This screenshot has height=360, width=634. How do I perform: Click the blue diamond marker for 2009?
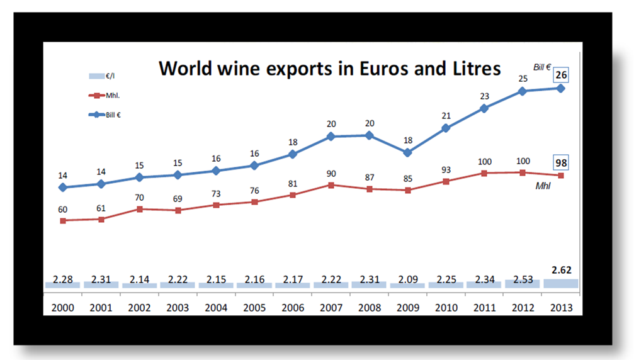coord(407,152)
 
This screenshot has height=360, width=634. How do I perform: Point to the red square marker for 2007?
coord(331,185)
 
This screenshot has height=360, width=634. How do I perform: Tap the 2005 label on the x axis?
coord(254,308)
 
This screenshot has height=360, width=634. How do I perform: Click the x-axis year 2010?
coord(446,308)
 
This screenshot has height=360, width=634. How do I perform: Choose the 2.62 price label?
coord(560,271)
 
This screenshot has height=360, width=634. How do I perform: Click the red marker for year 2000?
coord(62,220)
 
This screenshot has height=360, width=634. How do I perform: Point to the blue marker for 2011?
coord(484,108)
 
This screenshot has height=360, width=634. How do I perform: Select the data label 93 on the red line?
coord(446,170)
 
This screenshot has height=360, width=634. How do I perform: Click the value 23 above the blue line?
coord(484,96)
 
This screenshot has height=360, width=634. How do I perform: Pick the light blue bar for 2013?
coord(560,284)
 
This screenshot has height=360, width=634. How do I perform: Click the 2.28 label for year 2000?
coord(62,279)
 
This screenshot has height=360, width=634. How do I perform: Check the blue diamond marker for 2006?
coord(293,154)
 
